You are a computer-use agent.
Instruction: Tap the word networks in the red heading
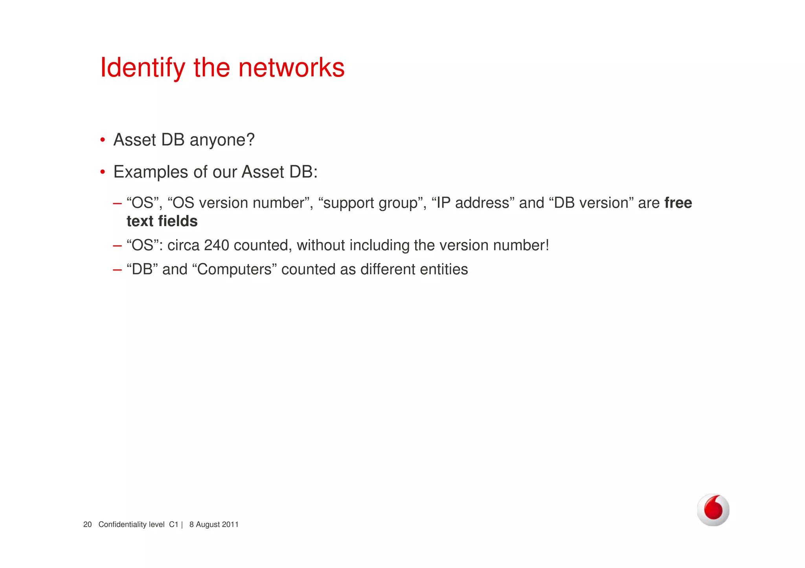click(x=291, y=68)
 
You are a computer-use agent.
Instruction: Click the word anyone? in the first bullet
click(x=222, y=140)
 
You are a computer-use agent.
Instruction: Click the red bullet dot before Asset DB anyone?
click(x=103, y=140)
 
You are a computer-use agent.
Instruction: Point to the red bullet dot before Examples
click(x=103, y=172)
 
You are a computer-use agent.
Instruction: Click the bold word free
click(x=678, y=203)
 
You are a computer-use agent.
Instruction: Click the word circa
click(x=183, y=245)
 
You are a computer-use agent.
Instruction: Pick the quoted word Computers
click(x=234, y=270)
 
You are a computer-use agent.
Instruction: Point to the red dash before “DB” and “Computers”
click(x=117, y=270)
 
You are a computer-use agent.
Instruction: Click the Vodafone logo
click(x=713, y=510)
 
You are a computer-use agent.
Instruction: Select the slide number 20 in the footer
click(x=87, y=525)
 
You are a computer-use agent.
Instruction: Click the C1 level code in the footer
click(x=173, y=525)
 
